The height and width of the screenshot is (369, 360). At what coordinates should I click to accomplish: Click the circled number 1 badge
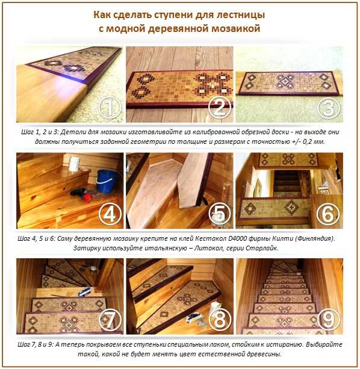[110, 108]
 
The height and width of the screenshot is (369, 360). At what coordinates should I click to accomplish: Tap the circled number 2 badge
[220, 108]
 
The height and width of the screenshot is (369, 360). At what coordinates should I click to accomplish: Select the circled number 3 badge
[329, 108]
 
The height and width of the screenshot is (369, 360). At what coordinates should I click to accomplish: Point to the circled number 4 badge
[110, 214]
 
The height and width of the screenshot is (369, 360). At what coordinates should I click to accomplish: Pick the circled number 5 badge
[220, 214]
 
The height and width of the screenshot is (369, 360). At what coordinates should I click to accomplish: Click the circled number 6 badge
[329, 214]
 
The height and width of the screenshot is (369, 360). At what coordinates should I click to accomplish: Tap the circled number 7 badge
[110, 320]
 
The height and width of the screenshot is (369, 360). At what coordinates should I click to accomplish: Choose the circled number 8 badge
[220, 320]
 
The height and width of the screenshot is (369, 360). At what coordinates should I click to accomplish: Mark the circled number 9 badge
[329, 320]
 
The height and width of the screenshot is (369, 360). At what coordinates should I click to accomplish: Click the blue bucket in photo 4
[107, 181]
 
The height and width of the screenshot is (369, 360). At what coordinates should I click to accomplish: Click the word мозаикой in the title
[236, 28]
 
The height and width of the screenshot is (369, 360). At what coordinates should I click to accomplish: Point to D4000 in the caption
[238, 238]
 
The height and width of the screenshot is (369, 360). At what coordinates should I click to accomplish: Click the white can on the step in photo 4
[73, 163]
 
